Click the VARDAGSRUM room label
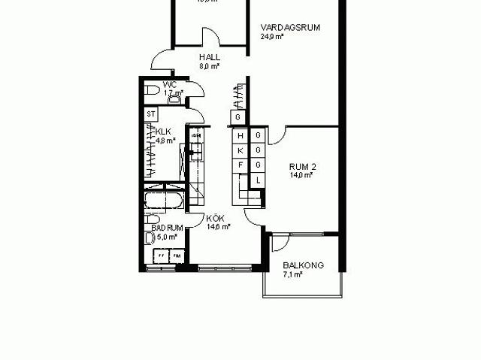(x=291, y=27)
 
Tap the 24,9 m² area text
(x=272, y=36)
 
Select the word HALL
(x=209, y=57)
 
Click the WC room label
(x=170, y=85)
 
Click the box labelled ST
(x=151, y=114)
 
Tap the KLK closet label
(x=163, y=131)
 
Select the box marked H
(x=240, y=136)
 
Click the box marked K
(x=240, y=150)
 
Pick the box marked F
(x=240, y=165)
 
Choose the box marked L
(x=258, y=180)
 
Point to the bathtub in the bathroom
(x=164, y=202)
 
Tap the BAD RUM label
(x=167, y=227)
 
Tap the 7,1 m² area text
(x=292, y=274)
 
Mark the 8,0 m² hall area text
(x=209, y=66)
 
